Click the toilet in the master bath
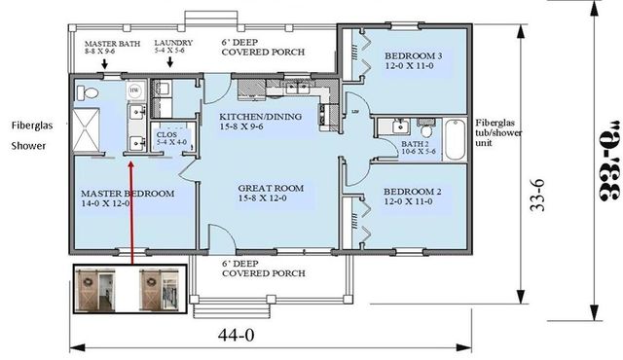(90, 93)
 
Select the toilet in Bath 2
(425, 127)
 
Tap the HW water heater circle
(134, 90)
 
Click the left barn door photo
(100, 289)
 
